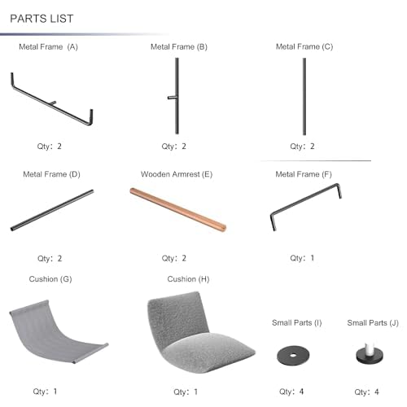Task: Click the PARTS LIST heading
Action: click(x=42, y=19)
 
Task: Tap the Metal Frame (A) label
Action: click(x=48, y=47)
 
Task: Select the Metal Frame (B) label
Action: click(x=179, y=47)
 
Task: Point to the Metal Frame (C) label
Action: click(x=304, y=47)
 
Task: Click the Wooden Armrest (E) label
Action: click(x=177, y=174)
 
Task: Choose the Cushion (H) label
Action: click(x=188, y=279)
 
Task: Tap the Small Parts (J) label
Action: click(x=373, y=323)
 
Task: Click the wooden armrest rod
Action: click(x=177, y=209)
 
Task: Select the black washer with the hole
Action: click(x=293, y=356)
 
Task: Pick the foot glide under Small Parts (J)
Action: click(x=370, y=353)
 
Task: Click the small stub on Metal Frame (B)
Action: click(x=172, y=98)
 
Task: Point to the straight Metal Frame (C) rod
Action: click(x=304, y=96)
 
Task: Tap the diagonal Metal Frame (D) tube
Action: click(x=52, y=210)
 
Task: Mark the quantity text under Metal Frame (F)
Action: click(x=302, y=258)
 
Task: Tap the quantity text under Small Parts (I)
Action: click(x=291, y=392)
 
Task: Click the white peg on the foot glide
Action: click(x=370, y=348)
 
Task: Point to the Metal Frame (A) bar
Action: click(x=51, y=104)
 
